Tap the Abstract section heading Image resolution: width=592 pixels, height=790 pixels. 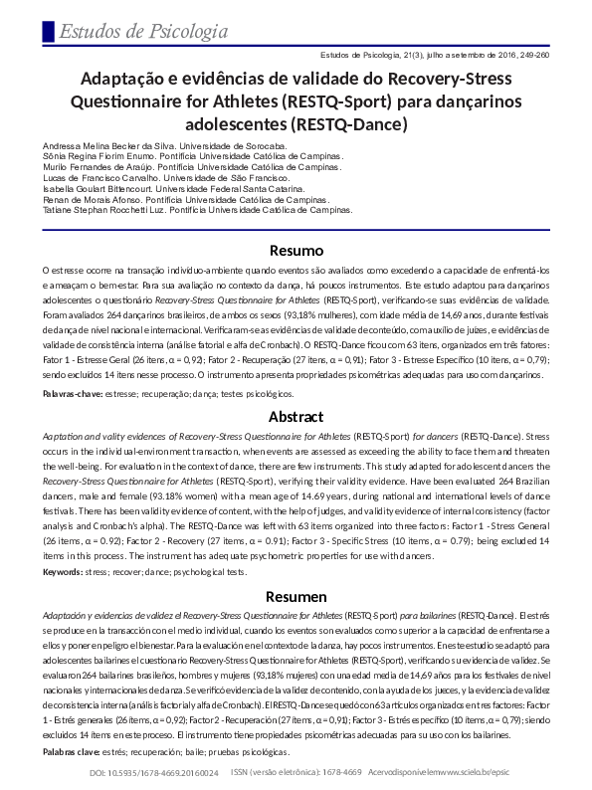[296, 417]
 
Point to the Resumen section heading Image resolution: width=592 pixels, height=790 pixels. [296, 596]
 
